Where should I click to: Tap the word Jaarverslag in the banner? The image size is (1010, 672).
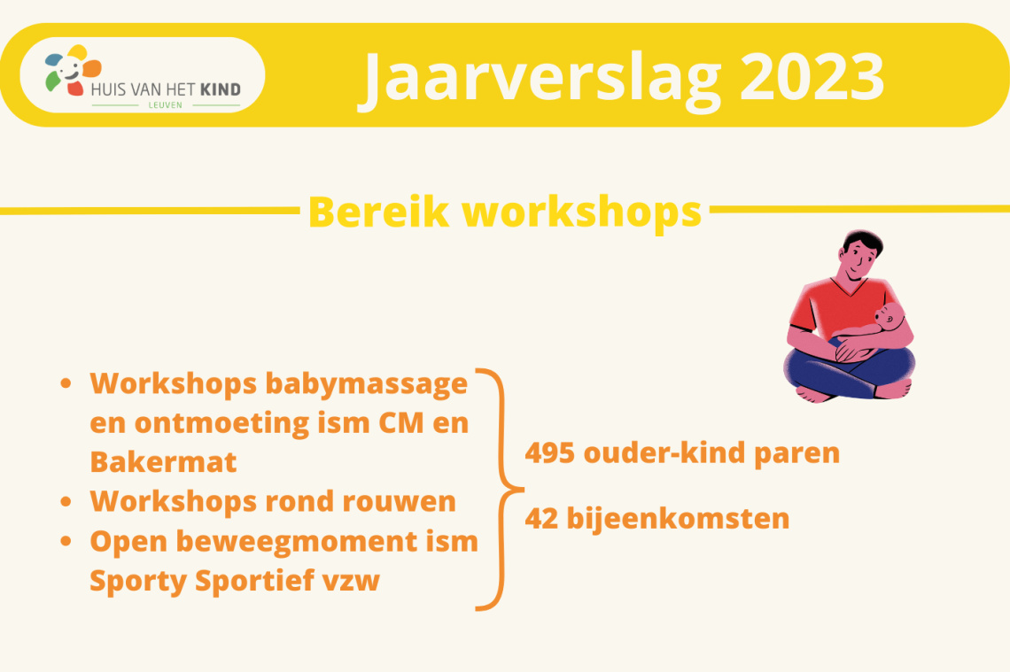(542, 81)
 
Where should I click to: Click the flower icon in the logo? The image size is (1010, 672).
(72, 70)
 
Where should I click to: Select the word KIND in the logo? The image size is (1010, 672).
(221, 89)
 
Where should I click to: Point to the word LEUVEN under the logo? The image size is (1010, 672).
(166, 105)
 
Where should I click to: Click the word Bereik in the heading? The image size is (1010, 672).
(379, 212)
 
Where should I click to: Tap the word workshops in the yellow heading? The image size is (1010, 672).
(582, 213)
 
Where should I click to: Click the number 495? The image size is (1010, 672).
(549, 453)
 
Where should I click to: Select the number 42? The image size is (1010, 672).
(541, 519)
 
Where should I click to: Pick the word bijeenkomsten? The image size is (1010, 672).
(678, 519)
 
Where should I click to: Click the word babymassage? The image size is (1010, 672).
(367, 384)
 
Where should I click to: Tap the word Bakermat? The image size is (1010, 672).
(163, 462)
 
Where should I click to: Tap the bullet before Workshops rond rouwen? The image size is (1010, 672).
(66, 501)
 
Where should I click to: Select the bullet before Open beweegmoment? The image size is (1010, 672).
(66, 541)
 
